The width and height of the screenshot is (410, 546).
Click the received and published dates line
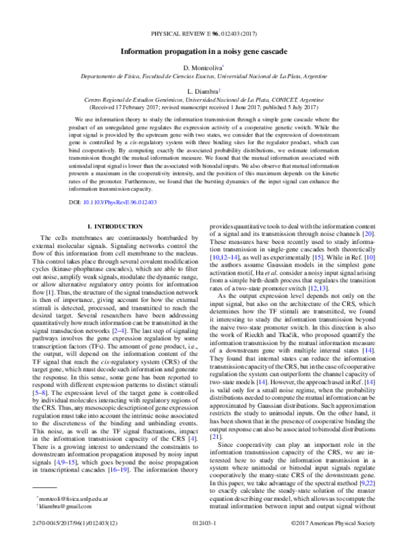pyautogui.click(x=204, y=107)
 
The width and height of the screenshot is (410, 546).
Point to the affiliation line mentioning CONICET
pyautogui.click(x=204, y=99)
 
